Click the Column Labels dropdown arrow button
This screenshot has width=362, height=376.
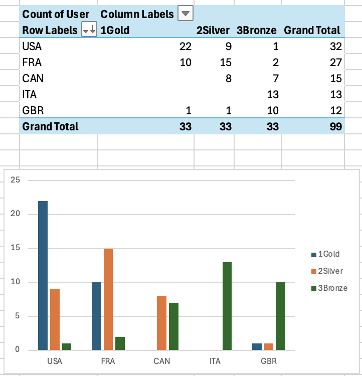pos(186,14)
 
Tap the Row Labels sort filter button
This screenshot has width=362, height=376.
pos(89,30)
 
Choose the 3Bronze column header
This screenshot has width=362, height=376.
pos(257,30)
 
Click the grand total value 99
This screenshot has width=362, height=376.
pos(336,126)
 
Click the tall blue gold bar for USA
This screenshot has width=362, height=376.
pos(43,275)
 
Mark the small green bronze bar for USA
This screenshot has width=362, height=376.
pos(67,346)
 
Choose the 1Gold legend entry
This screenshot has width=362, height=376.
pos(325,254)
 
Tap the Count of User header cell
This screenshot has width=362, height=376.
pos(56,14)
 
